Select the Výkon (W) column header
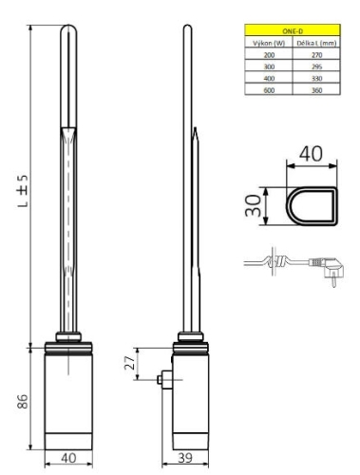tap(258, 43)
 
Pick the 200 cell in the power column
tap(258, 55)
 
